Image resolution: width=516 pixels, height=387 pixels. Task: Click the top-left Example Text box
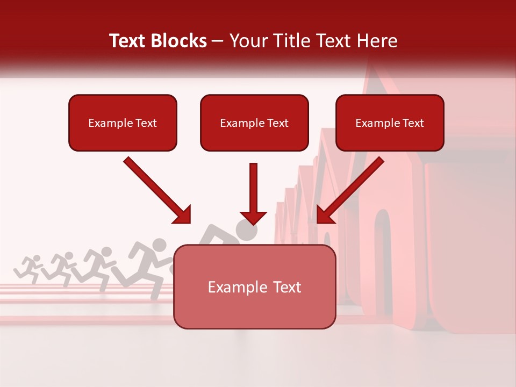point(123,123)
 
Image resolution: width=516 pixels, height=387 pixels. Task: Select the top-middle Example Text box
point(254,123)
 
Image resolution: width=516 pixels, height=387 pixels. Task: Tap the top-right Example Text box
point(390,123)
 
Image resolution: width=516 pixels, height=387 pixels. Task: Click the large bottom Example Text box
point(255,286)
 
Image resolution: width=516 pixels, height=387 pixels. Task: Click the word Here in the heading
point(378,41)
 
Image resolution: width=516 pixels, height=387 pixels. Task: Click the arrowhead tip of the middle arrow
point(253,224)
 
